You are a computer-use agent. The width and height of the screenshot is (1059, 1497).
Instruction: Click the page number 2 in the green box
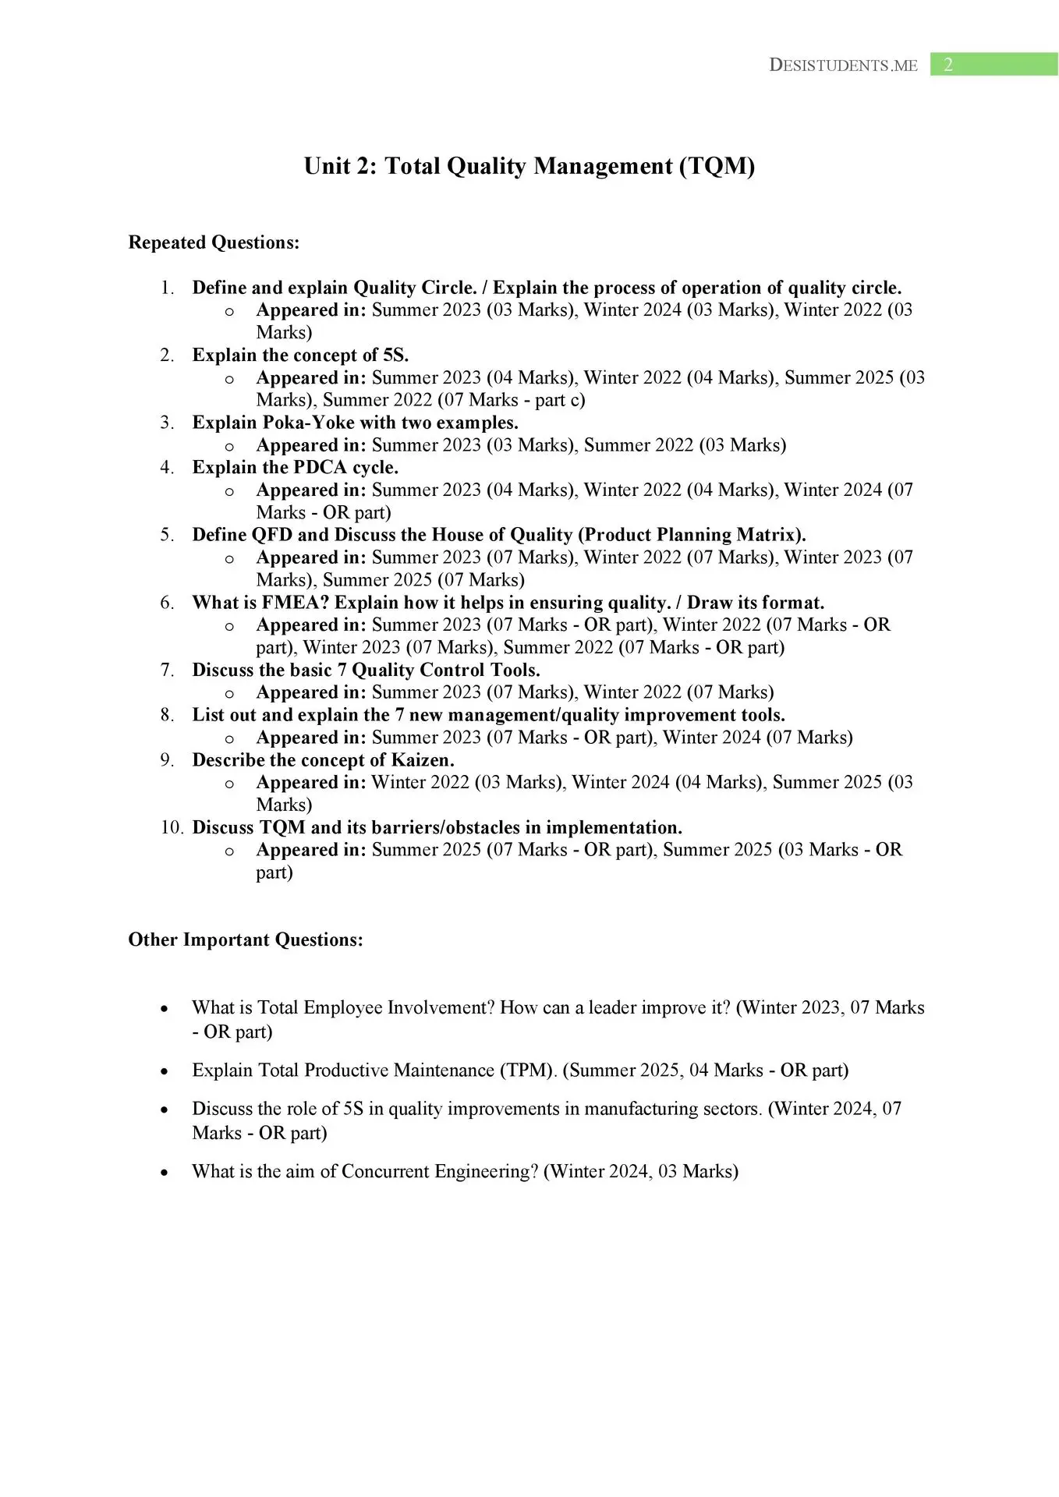click(x=948, y=65)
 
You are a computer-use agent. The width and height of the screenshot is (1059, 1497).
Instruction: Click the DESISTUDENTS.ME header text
click(x=843, y=65)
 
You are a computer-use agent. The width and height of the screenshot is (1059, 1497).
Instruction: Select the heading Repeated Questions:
click(x=214, y=242)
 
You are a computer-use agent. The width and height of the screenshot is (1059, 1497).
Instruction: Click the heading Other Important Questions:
click(x=246, y=940)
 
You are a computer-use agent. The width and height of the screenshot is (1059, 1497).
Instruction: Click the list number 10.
click(x=172, y=827)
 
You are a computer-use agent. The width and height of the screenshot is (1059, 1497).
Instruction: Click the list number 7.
click(x=167, y=670)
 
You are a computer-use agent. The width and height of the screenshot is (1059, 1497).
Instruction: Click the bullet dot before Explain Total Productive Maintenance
click(x=164, y=1071)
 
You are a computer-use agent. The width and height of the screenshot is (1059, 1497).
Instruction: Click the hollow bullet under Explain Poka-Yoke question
click(x=229, y=447)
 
